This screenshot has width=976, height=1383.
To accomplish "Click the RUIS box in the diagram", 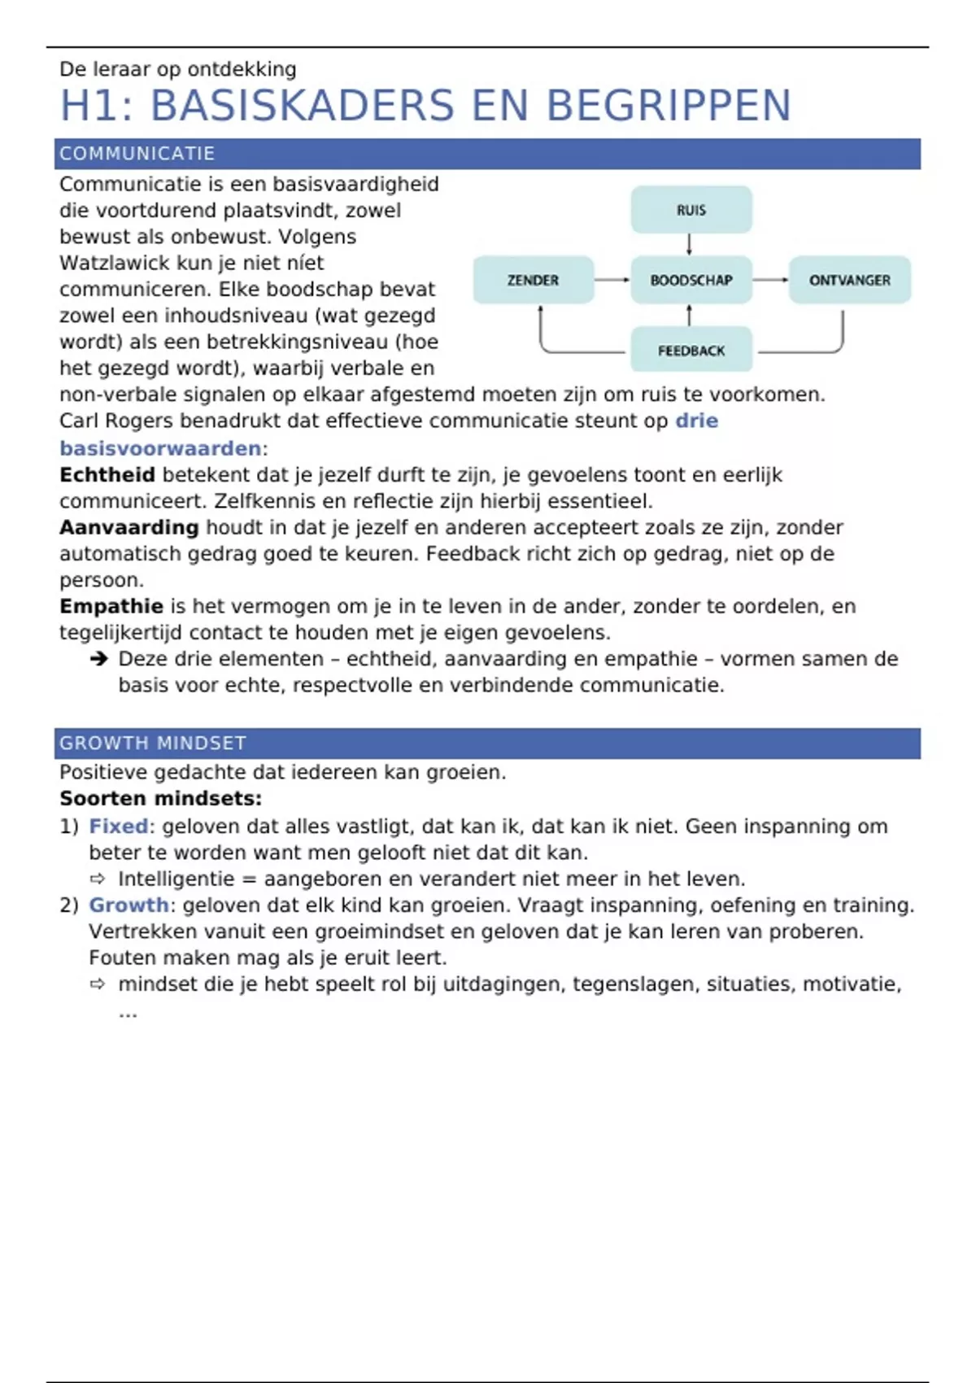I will pyautogui.click(x=691, y=210).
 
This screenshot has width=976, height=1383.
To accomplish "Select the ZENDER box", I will pyautogui.click(x=534, y=280).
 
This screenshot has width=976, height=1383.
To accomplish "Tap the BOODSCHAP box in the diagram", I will pyautogui.click(x=691, y=280).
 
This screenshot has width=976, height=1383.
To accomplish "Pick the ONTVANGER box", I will pyautogui.click(x=849, y=280).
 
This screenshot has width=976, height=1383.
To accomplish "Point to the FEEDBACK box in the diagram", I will pyautogui.click(x=691, y=351).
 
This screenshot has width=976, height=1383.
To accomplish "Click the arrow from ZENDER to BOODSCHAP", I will pyautogui.click(x=612, y=280).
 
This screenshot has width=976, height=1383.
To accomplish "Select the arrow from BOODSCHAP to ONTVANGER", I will pyautogui.click(x=770, y=280).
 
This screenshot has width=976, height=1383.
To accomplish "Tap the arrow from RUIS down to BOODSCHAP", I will pyautogui.click(x=690, y=244).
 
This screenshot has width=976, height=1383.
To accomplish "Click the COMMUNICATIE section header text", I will pyautogui.click(x=137, y=154).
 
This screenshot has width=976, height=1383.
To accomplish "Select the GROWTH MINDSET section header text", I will pyautogui.click(x=153, y=743).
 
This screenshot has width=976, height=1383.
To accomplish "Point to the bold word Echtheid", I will pyautogui.click(x=107, y=475).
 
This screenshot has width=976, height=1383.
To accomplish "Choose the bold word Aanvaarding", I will pyautogui.click(x=129, y=528).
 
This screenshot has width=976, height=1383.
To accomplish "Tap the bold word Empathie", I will pyautogui.click(x=111, y=607).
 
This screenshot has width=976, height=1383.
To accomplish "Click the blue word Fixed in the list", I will pyautogui.click(x=119, y=827).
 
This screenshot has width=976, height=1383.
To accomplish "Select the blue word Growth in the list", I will pyautogui.click(x=129, y=905).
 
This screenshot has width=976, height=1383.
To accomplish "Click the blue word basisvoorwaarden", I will pyautogui.click(x=160, y=448).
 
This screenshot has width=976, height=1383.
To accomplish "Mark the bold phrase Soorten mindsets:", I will pyautogui.click(x=161, y=799).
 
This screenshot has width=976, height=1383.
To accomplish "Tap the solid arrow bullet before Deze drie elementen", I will pyautogui.click(x=99, y=659).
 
